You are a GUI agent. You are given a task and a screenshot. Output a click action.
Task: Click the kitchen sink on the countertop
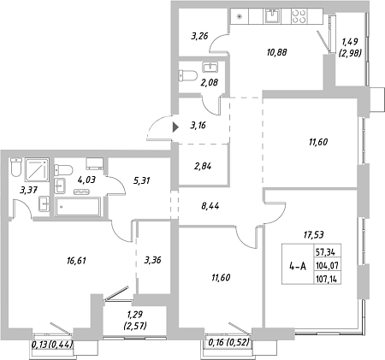pos(273,15)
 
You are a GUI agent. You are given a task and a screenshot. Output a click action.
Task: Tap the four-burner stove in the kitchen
pos(299,16)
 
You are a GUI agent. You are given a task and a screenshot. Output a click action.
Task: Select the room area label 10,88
pos(277,52)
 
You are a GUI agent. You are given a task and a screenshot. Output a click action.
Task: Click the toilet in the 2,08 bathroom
pos(188,76)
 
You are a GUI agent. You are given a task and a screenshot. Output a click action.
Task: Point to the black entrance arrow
pos(175,127)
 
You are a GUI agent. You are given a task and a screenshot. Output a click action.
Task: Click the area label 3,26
pos(199,36)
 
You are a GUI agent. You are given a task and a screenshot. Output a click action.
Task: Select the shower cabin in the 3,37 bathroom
pos(37,170)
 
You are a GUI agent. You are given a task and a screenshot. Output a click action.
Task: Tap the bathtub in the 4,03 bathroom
pos(78,207)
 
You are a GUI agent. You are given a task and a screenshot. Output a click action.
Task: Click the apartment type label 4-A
pos(298,266)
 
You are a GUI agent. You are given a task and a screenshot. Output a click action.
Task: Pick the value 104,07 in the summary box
pos(327,266)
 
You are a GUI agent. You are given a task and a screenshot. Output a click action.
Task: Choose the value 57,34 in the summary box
pos(325,252)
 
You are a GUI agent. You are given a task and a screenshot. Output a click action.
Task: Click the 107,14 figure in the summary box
pos(327,279)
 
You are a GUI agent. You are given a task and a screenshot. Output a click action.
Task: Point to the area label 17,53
pos(314,235)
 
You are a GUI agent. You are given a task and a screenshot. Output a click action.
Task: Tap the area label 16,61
pos(76,261)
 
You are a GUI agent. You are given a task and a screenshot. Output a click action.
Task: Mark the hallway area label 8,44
pos(210,205)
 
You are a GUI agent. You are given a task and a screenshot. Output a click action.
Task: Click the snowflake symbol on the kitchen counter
pos(240,16)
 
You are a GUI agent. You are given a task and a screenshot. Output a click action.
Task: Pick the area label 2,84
pos(203,166)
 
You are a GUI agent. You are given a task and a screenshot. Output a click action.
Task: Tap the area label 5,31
pos(141,180)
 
